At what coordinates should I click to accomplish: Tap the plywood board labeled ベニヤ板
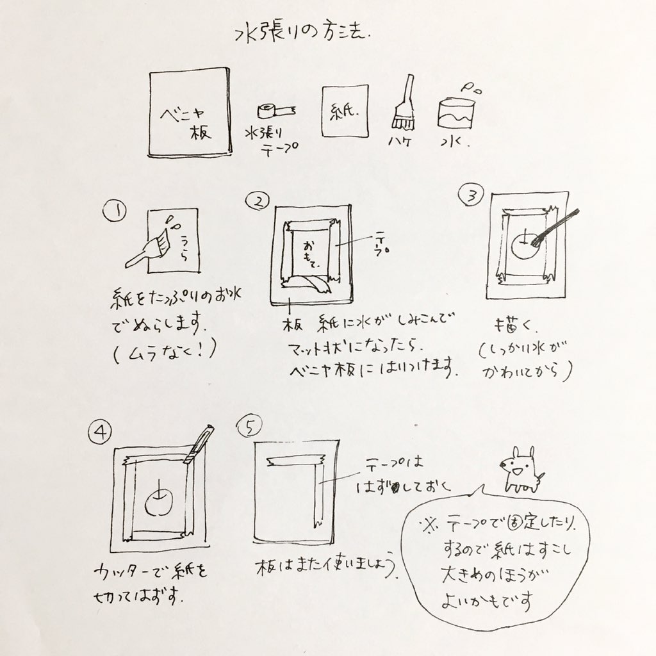point(189,112)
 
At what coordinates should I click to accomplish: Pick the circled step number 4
point(99,433)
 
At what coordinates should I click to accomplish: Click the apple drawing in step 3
point(526,247)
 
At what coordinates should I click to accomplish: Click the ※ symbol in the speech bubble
point(427,526)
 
